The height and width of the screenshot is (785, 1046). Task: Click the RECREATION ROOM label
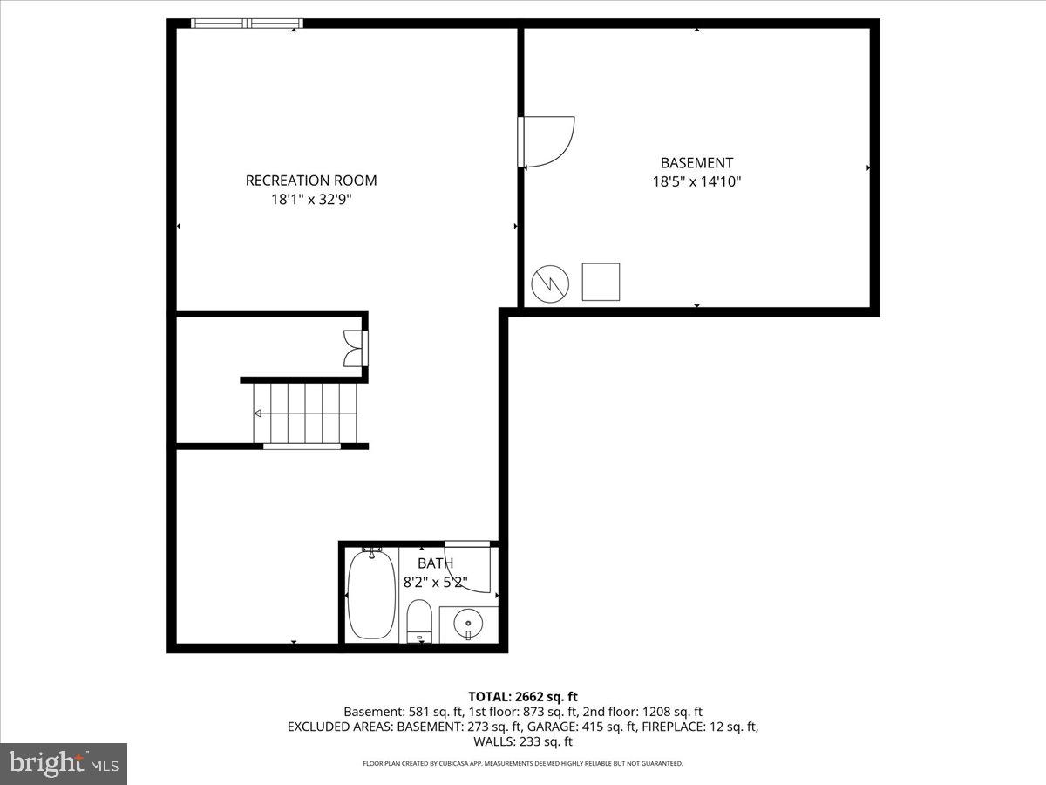pyautogui.click(x=311, y=181)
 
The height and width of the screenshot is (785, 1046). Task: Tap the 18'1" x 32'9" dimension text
pyautogui.click(x=311, y=200)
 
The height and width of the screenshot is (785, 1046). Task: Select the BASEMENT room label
pyautogui.click(x=696, y=163)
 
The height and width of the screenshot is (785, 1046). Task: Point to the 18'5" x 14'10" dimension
pyautogui.click(x=696, y=182)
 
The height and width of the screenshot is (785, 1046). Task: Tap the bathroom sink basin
pyautogui.click(x=469, y=624)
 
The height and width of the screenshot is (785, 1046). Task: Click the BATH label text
pyautogui.click(x=435, y=563)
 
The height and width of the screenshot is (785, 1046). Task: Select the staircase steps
pyautogui.click(x=306, y=413)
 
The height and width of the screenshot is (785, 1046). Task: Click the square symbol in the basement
pyautogui.click(x=601, y=282)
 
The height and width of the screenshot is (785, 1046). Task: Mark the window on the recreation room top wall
pyautogui.click(x=247, y=24)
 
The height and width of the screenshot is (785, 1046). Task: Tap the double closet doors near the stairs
pyautogui.click(x=353, y=348)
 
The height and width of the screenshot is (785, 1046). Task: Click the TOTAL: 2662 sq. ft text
pyautogui.click(x=523, y=696)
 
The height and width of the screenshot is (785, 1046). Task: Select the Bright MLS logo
pyautogui.click(x=64, y=764)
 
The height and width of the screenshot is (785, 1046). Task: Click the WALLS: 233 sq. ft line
pyautogui.click(x=523, y=741)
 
